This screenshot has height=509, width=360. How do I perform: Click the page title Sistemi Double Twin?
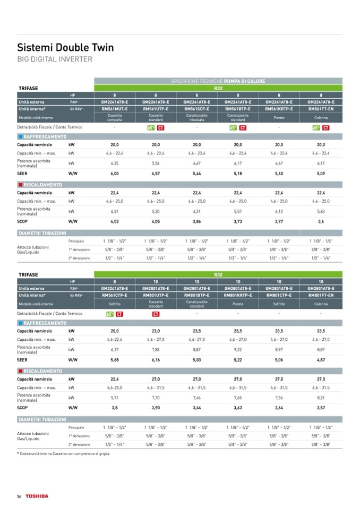point(66,47)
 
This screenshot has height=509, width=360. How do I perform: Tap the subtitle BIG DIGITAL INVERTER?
point(55,59)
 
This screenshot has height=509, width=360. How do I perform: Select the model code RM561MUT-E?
point(115,108)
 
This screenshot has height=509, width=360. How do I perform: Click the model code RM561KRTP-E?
point(279,108)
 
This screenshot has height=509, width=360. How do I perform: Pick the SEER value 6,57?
point(156,173)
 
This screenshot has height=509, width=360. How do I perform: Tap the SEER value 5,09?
point(321,173)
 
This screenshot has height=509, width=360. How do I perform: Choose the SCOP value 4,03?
point(115,221)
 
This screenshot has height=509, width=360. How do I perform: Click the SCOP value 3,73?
point(238,221)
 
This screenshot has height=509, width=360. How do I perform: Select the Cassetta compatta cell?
point(115,117)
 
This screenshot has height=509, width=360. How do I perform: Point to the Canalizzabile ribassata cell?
point(196,117)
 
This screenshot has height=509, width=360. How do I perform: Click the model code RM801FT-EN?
point(321,295)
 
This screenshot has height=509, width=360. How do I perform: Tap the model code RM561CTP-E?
point(115,295)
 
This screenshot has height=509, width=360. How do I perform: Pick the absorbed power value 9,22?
point(238,349)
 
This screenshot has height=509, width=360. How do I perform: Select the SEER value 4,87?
point(321,359)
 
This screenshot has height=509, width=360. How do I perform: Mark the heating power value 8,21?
point(321,397)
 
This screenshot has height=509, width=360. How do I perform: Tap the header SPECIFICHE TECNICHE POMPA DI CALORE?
point(218,81)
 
